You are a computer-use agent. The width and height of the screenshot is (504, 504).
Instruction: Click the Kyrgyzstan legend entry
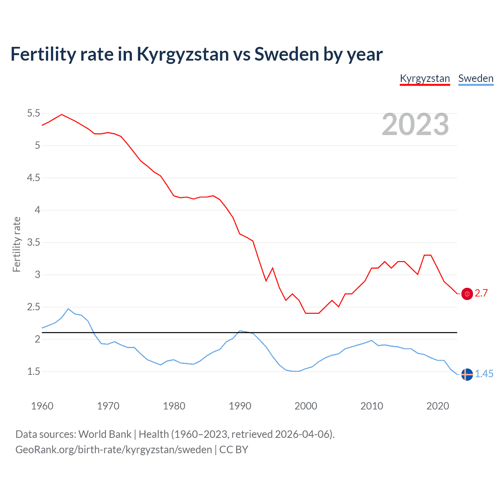[425, 78]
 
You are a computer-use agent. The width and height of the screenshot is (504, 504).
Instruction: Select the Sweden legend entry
[476, 78]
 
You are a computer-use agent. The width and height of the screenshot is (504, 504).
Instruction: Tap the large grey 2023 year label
[415, 124]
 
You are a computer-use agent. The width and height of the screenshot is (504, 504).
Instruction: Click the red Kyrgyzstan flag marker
[467, 294]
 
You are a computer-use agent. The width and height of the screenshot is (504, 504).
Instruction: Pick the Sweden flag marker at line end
[467, 374]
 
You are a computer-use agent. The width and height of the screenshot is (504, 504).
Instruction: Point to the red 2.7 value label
[481, 293]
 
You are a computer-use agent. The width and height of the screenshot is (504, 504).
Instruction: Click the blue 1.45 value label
[484, 374]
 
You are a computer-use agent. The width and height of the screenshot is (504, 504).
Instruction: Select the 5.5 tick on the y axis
[33, 113]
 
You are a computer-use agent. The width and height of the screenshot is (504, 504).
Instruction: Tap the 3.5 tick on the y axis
[33, 243]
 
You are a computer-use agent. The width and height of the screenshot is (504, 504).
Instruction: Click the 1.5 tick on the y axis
[33, 372]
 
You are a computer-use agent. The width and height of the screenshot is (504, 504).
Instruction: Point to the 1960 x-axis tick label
[42, 406]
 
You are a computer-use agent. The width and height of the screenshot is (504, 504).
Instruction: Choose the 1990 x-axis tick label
[240, 406]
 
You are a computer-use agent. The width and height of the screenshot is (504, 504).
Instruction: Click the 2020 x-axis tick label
[437, 406]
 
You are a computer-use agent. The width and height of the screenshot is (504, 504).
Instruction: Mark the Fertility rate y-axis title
[17, 244]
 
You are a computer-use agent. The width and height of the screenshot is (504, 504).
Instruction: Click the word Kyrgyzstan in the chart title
[182, 54]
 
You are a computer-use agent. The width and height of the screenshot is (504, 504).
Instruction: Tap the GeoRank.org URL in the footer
[113, 450]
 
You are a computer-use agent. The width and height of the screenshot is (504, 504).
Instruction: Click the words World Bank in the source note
[105, 434]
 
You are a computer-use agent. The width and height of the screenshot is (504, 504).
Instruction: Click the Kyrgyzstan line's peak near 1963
[61, 114]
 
